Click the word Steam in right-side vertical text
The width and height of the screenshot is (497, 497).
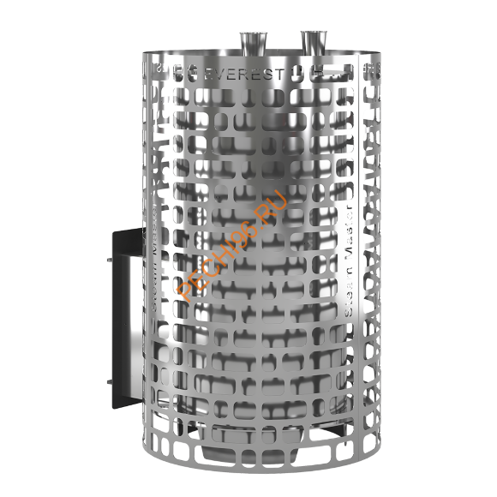[348, 296]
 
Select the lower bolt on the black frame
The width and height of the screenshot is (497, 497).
[108, 382]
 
